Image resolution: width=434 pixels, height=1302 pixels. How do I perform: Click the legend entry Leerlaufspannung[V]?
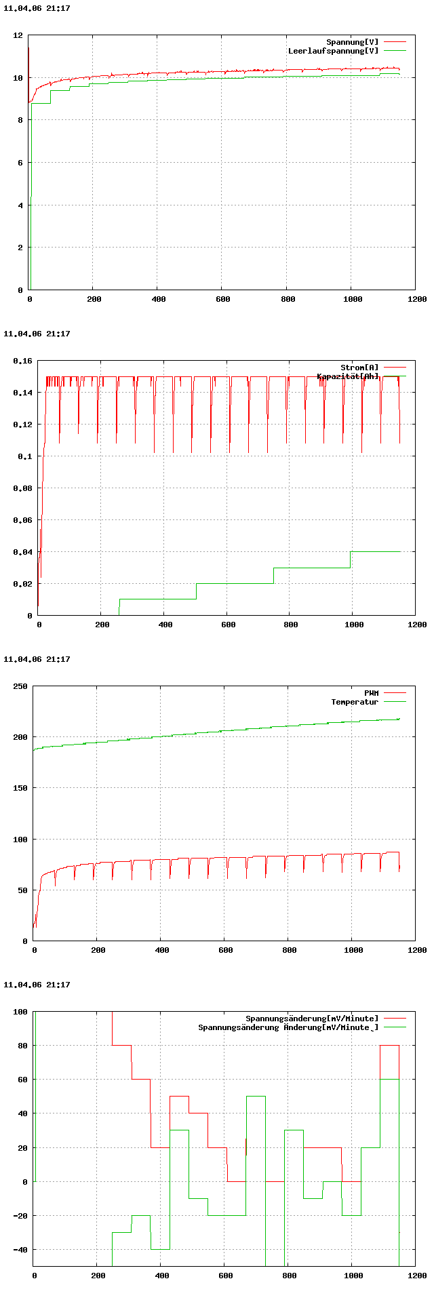click(x=333, y=51)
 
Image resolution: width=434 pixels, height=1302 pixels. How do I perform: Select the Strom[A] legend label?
click(x=359, y=368)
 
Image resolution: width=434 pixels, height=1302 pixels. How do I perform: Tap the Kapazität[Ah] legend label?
click(x=348, y=376)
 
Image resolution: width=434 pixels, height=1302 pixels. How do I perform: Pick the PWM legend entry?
click(x=371, y=693)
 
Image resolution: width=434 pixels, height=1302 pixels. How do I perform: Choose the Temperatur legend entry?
click(x=354, y=702)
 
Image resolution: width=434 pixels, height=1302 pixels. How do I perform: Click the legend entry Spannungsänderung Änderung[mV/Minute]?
click(x=288, y=1027)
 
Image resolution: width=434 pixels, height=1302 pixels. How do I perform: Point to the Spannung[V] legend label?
click(x=352, y=42)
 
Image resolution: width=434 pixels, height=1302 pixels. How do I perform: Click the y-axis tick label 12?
click(x=18, y=35)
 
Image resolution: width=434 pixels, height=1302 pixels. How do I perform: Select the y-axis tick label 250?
click(x=20, y=686)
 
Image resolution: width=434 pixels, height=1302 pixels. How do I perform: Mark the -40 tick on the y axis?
click(x=20, y=1250)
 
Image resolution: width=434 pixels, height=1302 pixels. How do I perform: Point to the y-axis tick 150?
click(x=20, y=788)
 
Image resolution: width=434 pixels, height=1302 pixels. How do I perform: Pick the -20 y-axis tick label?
click(x=20, y=1216)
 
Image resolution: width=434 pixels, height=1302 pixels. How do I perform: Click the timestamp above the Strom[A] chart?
click(x=37, y=334)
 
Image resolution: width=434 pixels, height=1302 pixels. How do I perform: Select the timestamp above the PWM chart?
click(x=37, y=659)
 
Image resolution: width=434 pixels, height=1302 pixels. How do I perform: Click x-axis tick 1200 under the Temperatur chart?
click(x=417, y=950)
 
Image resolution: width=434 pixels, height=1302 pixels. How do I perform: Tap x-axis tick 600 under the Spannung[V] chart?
click(x=222, y=299)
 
